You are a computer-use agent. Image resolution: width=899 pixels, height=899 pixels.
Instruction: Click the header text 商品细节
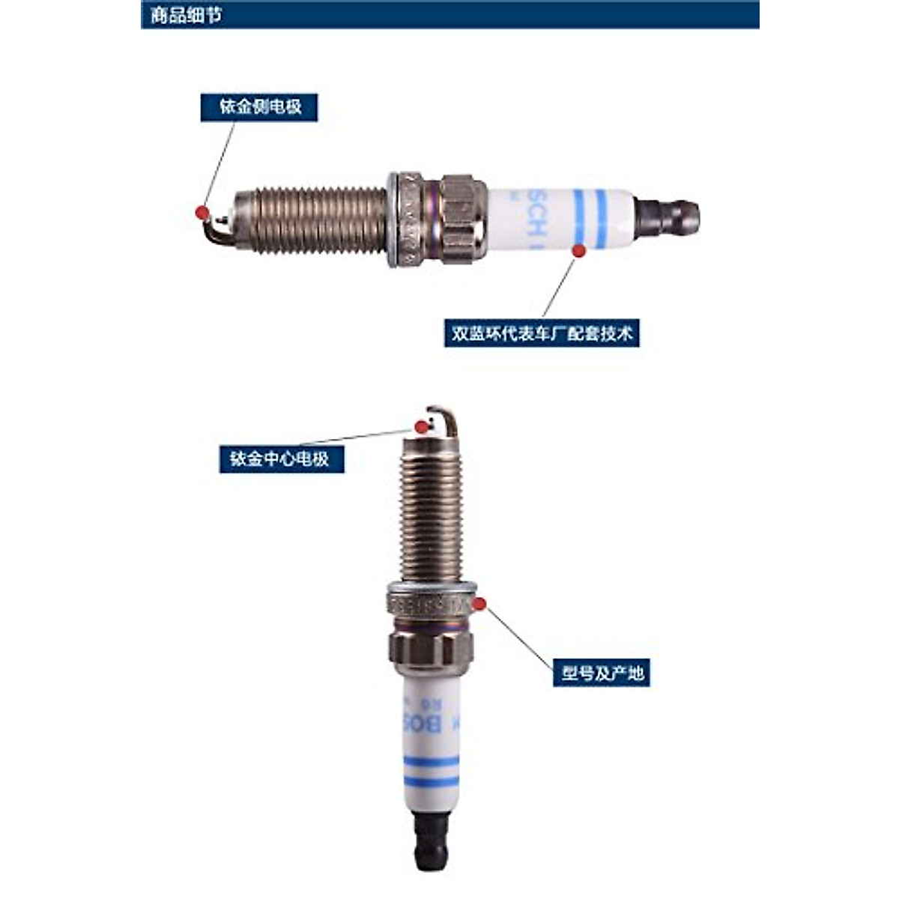click(186, 15)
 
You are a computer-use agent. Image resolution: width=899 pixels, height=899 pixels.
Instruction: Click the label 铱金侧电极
click(259, 107)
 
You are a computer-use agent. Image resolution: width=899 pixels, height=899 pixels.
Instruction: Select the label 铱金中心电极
click(281, 458)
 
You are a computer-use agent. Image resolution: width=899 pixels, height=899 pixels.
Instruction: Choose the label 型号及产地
click(602, 673)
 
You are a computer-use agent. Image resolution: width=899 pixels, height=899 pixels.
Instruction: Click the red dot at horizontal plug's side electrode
click(202, 212)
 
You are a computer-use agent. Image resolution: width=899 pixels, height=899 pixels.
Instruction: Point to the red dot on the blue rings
click(578, 251)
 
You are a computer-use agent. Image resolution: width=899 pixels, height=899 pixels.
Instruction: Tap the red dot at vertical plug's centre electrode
click(422, 426)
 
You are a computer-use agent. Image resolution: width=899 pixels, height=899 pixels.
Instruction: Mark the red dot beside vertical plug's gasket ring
click(479, 603)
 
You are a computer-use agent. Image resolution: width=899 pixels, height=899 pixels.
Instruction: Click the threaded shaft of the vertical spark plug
click(430, 517)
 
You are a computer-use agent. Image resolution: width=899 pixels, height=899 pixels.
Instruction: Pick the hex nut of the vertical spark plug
click(431, 648)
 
